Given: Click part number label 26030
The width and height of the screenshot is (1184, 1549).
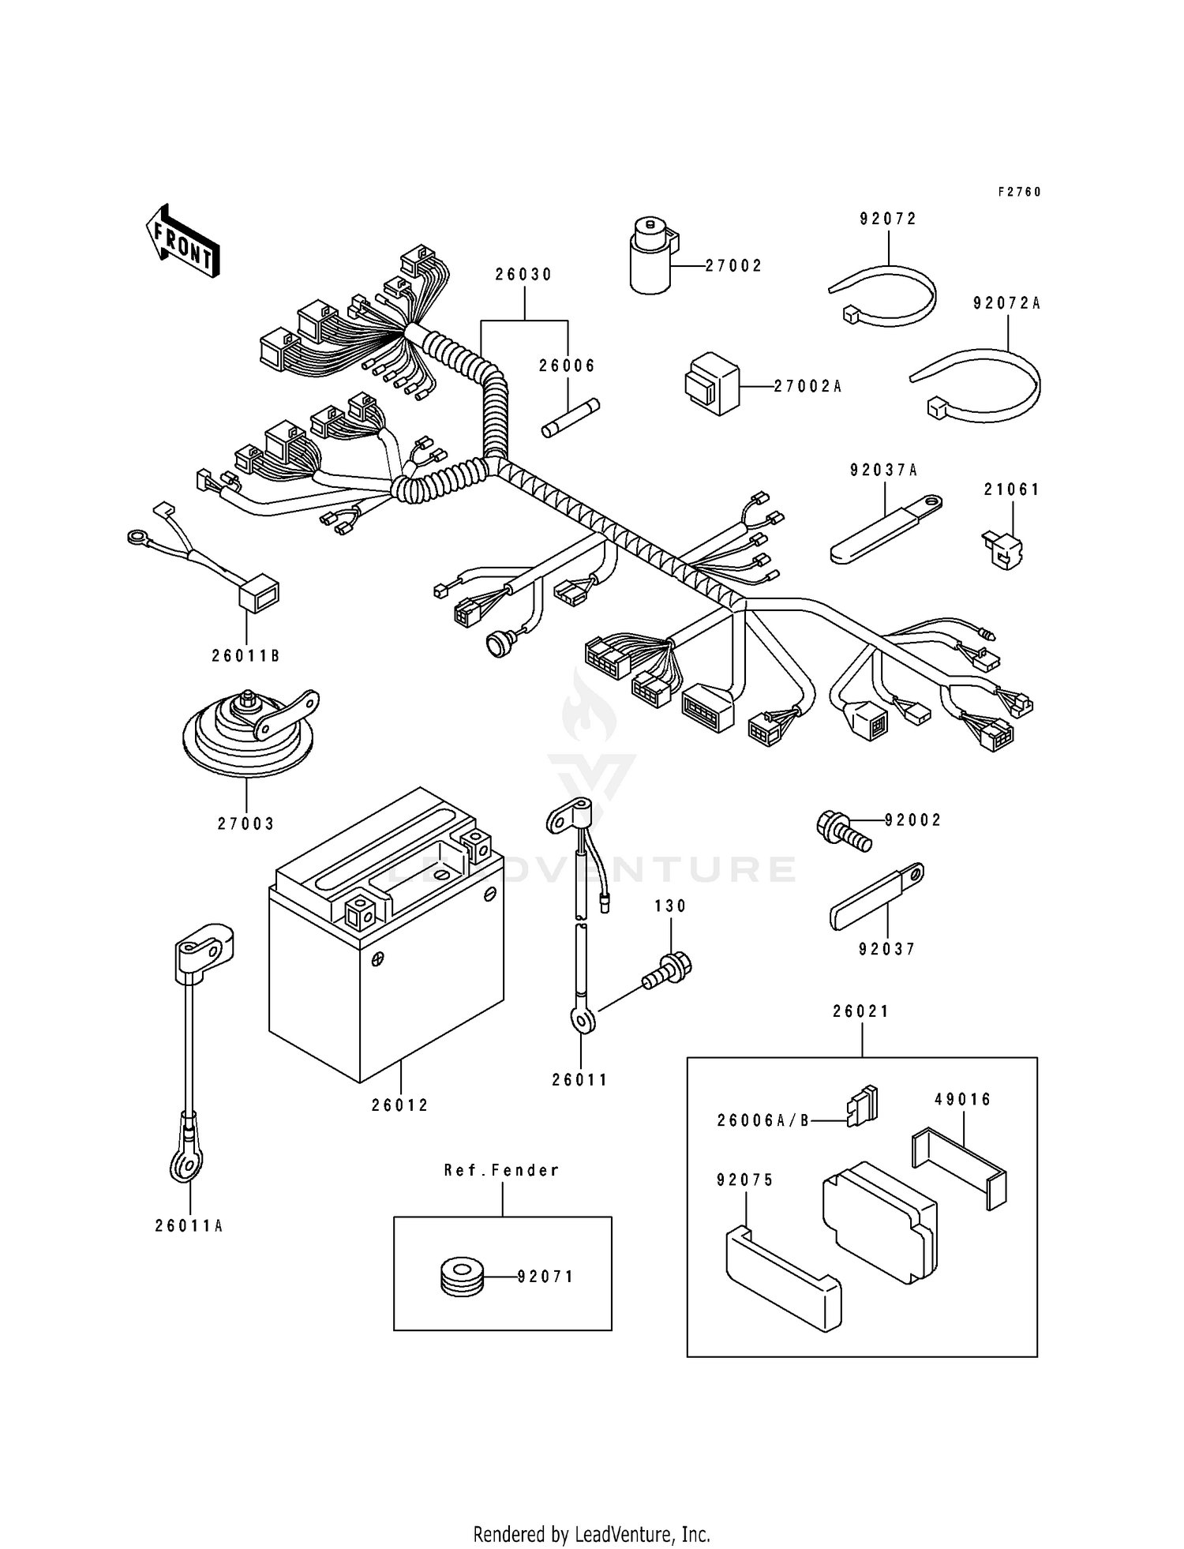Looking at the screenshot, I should pyautogui.click(x=524, y=275).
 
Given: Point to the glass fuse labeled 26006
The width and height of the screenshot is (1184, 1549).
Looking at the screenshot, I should pyautogui.click(x=570, y=418).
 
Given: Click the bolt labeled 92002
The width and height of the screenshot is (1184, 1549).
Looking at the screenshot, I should pyautogui.click(x=844, y=832).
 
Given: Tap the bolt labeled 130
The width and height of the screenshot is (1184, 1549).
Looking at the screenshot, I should pyautogui.click(x=668, y=970).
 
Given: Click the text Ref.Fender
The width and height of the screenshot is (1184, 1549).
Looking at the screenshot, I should pyautogui.click(x=502, y=1170).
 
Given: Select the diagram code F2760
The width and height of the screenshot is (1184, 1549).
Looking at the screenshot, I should pyautogui.click(x=1019, y=192).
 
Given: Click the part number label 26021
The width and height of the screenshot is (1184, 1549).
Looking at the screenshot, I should pyautogui.click(x=861, y=1011).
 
